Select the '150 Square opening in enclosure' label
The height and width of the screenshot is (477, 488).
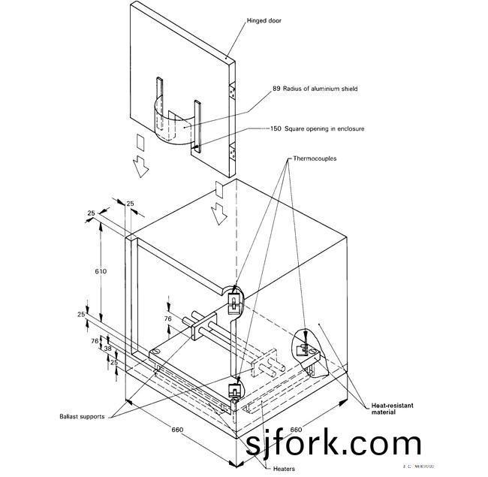pyautogui.click(x=318, y=129)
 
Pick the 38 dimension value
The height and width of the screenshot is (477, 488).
pyautogui.click(x=108, y=349)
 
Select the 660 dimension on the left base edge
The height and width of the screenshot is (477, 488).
pyautogui.click(x=177, y=430)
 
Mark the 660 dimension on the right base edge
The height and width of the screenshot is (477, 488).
pyautogui.click(x=296, y=430)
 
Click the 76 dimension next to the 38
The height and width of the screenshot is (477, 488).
pyautogui.click(x=95, y=340)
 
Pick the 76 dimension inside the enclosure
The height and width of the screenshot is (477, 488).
pyautogui.click(x=168, y=319)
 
